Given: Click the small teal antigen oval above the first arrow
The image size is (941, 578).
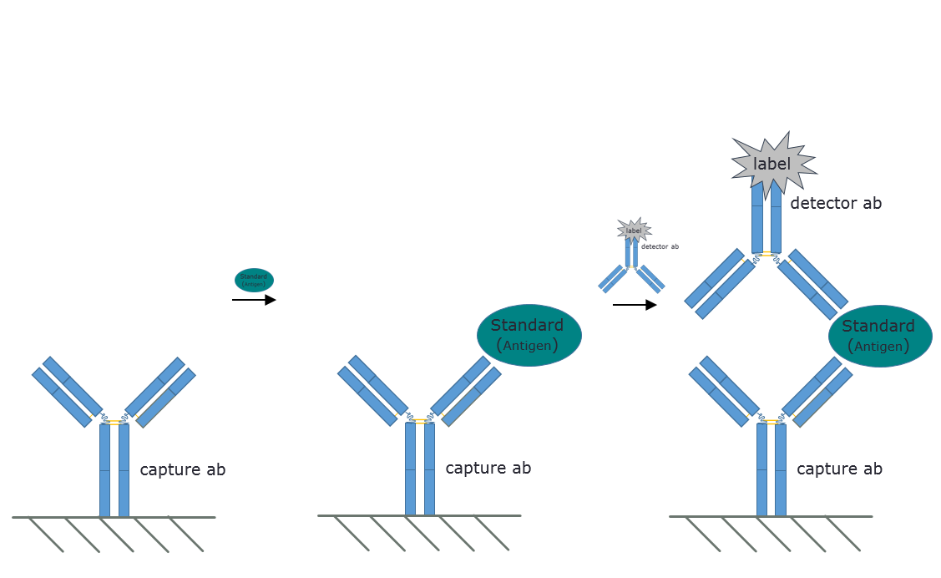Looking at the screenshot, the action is point(254,280).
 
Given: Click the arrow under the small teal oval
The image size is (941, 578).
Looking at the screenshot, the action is point(254,300).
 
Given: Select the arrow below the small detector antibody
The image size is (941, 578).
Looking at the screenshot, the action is point(635,305).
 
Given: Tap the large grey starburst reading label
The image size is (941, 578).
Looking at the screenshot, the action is point(773,164).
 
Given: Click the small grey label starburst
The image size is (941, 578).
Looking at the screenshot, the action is point(635,231).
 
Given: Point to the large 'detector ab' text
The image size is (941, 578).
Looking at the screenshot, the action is point(836,204).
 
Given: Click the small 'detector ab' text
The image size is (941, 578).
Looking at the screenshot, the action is point(660,246).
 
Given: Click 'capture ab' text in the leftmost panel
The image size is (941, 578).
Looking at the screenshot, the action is point(182,469).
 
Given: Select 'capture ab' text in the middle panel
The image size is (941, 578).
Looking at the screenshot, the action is point(488,468).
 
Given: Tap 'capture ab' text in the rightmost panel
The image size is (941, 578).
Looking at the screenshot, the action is point(839,469).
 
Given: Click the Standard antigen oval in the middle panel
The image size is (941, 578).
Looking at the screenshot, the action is point(529,335).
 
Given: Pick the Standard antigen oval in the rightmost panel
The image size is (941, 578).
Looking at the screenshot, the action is point(880,336).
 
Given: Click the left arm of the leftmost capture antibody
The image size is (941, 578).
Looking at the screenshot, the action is point(67,392).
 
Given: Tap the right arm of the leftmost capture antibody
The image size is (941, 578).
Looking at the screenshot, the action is point(160,392).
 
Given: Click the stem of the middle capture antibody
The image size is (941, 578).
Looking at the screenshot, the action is point(419,469).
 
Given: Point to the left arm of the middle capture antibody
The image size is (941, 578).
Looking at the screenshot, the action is point(372,391).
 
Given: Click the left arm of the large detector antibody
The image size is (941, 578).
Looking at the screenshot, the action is point(720,283).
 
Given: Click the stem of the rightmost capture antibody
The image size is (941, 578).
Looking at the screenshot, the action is point(772,469).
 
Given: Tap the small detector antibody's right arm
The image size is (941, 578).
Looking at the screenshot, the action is point(650,279).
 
